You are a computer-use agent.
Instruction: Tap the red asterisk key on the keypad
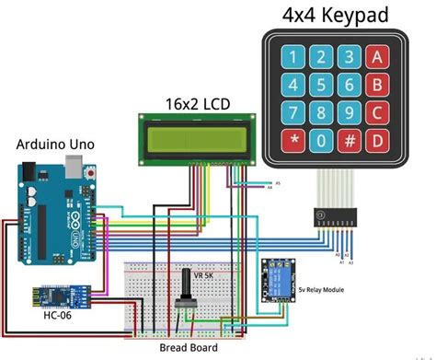tap(294, 143)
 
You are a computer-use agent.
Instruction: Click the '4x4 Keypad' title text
tap(334, 15)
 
